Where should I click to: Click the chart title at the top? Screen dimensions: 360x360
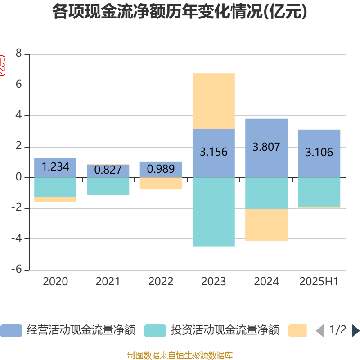point(180,12)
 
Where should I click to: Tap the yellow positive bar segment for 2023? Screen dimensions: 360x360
point(213,101)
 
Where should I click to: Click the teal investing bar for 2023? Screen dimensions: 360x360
point(213,212)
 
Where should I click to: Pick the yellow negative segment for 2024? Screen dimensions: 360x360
point(266,225)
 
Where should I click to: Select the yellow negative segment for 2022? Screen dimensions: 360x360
point(161,184)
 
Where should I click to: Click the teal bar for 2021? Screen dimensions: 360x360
point(108,186)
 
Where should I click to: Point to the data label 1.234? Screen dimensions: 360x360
point(55,167)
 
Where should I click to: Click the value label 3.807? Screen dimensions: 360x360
point(266,147)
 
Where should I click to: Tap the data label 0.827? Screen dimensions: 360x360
point(108,170)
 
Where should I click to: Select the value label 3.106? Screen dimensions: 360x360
point(319,153)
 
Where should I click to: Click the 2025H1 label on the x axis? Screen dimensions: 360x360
point(319,282)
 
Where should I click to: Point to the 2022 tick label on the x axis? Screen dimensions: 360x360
point(161,282)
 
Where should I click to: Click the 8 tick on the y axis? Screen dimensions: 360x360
point(18,54)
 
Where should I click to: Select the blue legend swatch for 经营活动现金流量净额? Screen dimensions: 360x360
point(11,331)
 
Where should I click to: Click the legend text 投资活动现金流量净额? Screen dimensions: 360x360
point(225,331)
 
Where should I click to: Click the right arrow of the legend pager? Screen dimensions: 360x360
point(355,331)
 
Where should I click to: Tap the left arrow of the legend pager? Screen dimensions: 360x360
point(320,331)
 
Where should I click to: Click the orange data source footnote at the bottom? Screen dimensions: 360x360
point(180,355)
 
